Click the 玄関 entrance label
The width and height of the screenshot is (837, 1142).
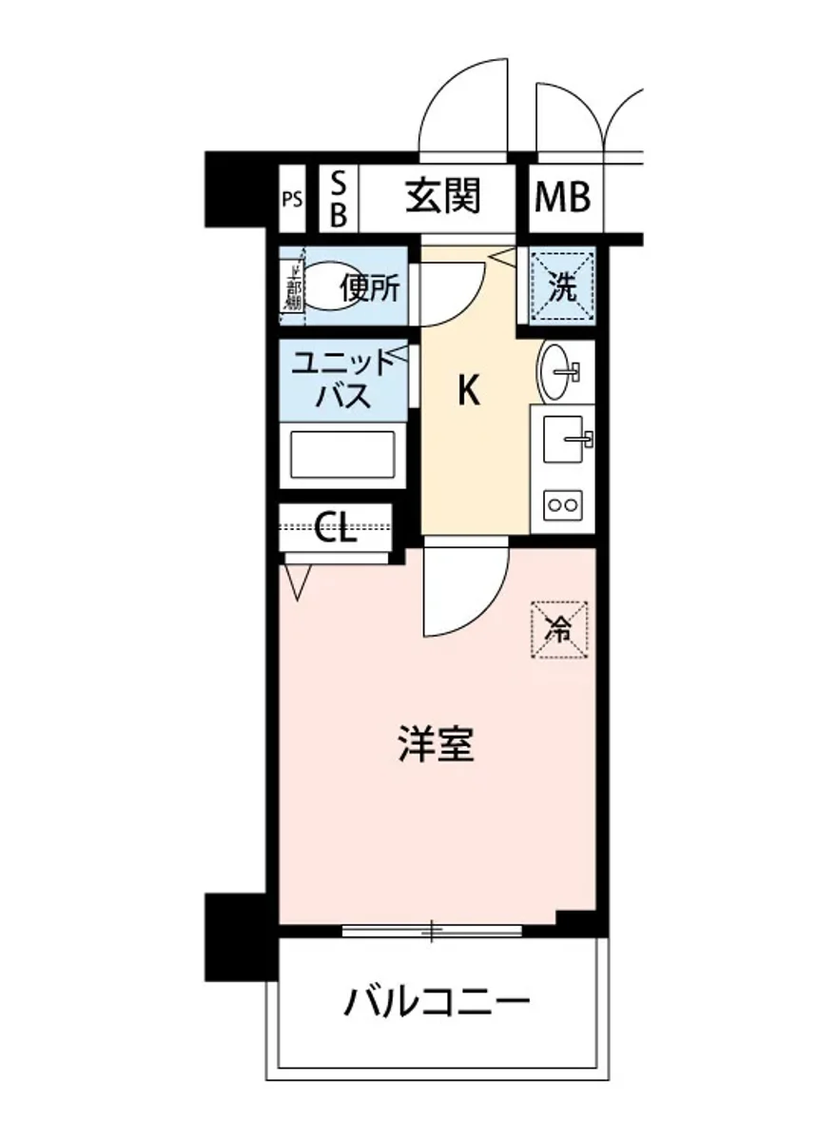coord(443,198)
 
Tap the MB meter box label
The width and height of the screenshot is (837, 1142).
coord(562,198)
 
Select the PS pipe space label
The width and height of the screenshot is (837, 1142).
coord(292,200)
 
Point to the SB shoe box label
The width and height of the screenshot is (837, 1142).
coord(338,199)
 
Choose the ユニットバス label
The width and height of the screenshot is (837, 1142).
coord(342,379)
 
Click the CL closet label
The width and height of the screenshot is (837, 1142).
coord(335,527)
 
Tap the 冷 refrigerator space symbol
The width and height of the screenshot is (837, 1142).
coord(559,628)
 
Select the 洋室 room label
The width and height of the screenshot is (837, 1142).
coord(436,745)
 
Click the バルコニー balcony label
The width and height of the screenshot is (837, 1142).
coord(436,1001)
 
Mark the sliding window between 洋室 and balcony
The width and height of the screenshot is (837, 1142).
coord(432,930)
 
